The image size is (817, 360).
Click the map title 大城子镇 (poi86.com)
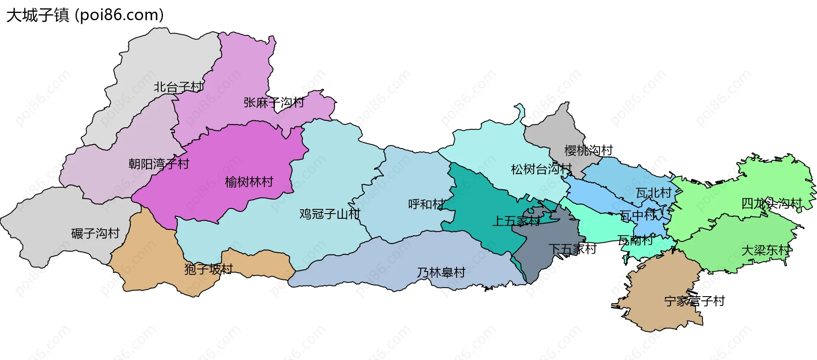click(85, 15)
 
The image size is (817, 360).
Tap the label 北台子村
click(179, 87)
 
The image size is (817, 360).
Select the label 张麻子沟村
click(274, 103)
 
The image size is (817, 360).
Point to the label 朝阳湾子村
click(159, 164)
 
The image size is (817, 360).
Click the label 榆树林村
click(249, 182)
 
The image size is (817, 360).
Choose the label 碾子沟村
click(95, 233)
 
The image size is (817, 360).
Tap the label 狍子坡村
click(209, 269)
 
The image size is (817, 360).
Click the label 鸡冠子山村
click(330, 214)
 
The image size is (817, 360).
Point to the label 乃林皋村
click(441, 272)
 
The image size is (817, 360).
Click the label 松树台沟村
click(541, 169)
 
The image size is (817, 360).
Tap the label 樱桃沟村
click(588, 150)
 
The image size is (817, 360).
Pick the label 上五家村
click(516, 221)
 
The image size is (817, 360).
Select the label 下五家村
click(572, 249)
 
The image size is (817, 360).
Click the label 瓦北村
click(654, 193)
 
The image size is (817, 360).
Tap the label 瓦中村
click(638, 215)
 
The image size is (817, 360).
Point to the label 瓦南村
click(635, 240)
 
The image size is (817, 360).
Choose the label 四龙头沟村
click(771, 203)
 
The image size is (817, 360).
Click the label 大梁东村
click(766, 250)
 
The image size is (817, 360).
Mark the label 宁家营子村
click(694, 301)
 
